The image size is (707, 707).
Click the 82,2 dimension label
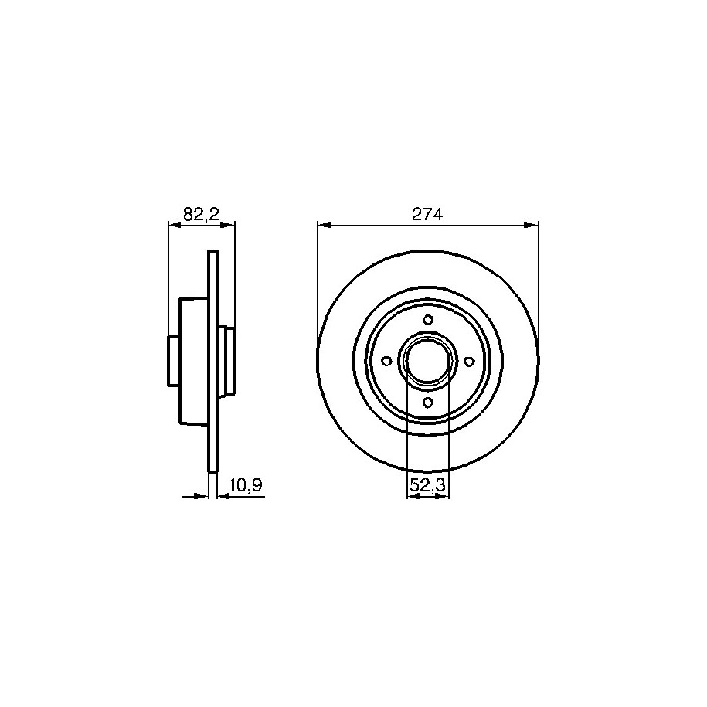pyautogui.click(x=201, y=214)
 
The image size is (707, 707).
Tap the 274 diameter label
pyautogui.click(x=427, y=214)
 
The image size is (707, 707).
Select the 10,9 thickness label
pyautogui.click(x=246, y=485)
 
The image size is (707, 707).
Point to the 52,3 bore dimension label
pyautogui.click(x=427, y=485)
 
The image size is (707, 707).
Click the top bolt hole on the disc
pyautogui.click(x=428, y=320)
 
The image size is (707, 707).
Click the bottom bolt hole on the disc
pyautogui.click(x=428, y=402)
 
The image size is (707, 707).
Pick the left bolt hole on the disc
pyautogui.click(x=387, y=361)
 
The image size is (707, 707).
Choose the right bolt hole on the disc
pyautogui.click(x=469, y=361)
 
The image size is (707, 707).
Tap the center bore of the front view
pyautogui.click(x=428, y=361)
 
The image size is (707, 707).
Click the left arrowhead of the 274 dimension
pyautogui.click(x=325, y=224)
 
